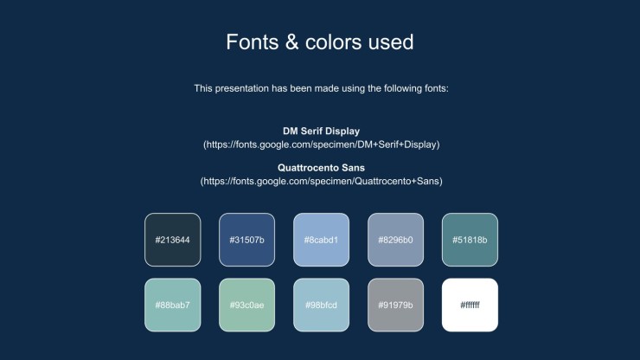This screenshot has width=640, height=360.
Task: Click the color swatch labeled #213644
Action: (x=173, y=240)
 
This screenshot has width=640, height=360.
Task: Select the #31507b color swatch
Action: (x=247, y=240)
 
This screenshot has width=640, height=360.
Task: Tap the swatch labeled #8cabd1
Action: (x=321, y=240)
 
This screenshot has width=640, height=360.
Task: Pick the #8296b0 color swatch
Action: (x=395, y=240)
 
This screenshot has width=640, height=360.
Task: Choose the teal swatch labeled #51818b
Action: (x=470, y=240)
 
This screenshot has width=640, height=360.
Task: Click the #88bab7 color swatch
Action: (x=173, y=305)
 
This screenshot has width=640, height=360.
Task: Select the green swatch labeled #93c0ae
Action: (x=247, y=305)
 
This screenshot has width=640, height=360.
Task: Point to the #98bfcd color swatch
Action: (x=321, y=305)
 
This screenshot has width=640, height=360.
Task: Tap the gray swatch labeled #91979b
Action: (x=395, y=305)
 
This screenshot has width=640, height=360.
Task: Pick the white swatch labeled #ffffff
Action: (x=470, y=305)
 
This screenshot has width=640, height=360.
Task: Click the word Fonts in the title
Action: (x=253, y=42)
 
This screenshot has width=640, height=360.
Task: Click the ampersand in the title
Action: (x=291, y=42)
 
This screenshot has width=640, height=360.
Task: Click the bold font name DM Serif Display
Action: (x=321, y=132)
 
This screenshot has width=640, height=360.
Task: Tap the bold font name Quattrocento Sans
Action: (x=321, y=168)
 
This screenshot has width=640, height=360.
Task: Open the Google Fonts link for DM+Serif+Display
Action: (x=321, y=145)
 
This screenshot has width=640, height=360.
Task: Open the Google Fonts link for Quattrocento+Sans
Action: (x=321, y=181)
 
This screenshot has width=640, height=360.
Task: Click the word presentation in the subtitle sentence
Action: (x=241, y=88)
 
